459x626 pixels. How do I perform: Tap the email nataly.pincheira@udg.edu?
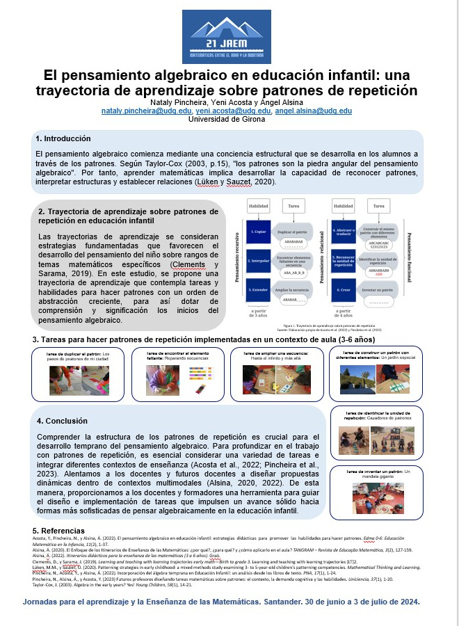pyautogui.click(x=147, y=111)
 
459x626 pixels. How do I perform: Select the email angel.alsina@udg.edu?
pyautogui.click(x=313, y=111)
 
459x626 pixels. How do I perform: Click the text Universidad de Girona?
pyautogui.click(x=227, y=120)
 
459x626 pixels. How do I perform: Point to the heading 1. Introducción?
pyautogui.click(x=63, y=138)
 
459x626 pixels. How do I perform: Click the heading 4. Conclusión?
pyautogui.click(x=63, y=421)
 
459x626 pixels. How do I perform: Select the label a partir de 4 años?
pyautogui.click(x=344, y=314)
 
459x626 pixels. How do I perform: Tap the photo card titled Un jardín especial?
pyautogui.click(x=376, y=373)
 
